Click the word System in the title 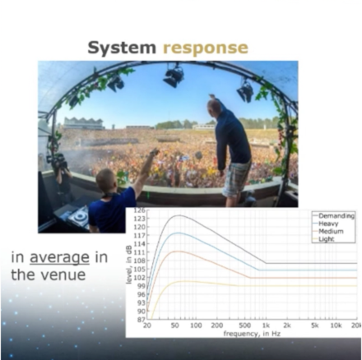tap(122, 48)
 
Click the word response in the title tap(205, 48)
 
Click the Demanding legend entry tap(336, 215)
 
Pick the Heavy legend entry tap(329, 223)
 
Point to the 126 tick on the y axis tap(139, 211)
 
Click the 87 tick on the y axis tap(141, 320)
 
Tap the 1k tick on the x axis tap(263, 325)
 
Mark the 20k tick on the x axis tap(355, 325)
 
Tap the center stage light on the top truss tap(174, 76)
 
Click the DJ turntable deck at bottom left tap(78, 215)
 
